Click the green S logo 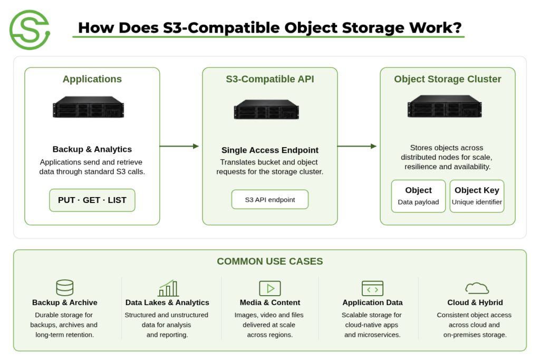(x=30, y=30)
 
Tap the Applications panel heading (x=92, y=79)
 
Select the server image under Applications (x=89, y=107)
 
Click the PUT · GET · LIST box (x=92, y=200)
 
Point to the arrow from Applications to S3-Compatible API (x=179, y=147)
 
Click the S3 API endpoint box (x=270, y=199)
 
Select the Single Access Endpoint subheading (x=270, y=150)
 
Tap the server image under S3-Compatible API (x=266, y=110)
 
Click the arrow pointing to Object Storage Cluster (x=357, y=147)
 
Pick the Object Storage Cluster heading (x=448, y=79)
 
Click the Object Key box (x=477, y=196)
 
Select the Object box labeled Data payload (x=418, y=196)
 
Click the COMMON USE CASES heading (x=270, y=261)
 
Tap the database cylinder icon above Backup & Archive (x=65, y=288)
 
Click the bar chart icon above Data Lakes (x=168, y=288)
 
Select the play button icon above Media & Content (x=270, y=288)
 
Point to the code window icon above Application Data (x=373, y=288)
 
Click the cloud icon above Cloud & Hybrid (x=477, y=288)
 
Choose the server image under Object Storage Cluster (x=445, y=106)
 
